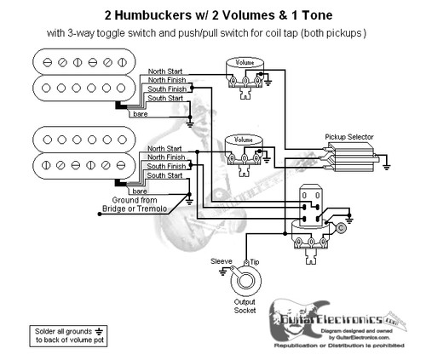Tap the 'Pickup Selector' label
350,136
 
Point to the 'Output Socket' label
248,306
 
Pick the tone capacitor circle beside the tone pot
340,228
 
